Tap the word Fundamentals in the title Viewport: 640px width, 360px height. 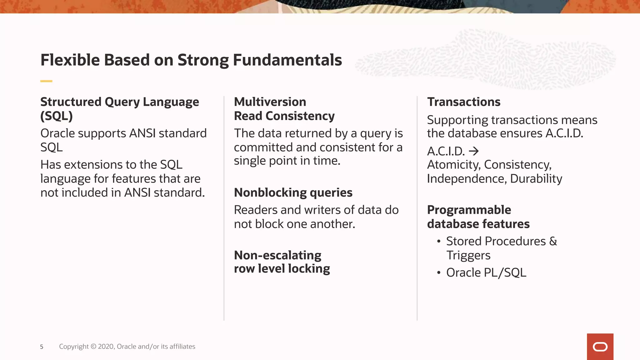(x=287, y=60)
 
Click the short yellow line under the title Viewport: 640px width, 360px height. (x=46, y=81)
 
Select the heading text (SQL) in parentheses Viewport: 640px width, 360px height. (x=57, y=116)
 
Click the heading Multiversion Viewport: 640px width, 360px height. (x=270, y=102)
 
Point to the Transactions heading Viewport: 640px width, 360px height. (x=463, y=102)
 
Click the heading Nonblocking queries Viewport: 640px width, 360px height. (x=293, y=192)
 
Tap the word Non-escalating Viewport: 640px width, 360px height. (x=277, y=255)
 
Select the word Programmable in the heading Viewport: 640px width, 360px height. (x=469, y=210)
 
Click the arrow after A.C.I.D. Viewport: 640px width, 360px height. (x=474, y=151)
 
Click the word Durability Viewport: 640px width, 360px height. (x=536, y=179)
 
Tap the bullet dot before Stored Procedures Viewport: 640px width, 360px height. (x=439, y=242)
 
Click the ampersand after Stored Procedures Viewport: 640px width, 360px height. (x=553, y=241)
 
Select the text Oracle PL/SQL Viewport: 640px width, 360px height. (x=486, y=272)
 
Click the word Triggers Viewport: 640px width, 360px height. (x=468, y=255)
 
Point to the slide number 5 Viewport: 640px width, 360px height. (x=42, y=347)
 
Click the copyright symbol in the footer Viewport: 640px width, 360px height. (x=93, y=347)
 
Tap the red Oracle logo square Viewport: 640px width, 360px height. (x=600, y=347)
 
